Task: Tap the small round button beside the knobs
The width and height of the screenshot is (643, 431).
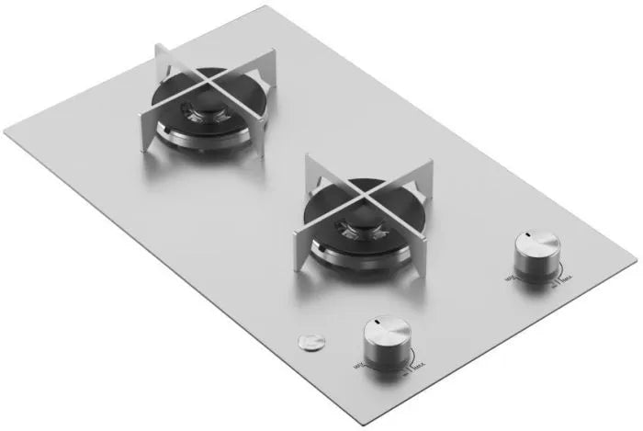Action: coord(310,341)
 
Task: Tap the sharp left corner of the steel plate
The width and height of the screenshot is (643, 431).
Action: coord(5,130)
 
